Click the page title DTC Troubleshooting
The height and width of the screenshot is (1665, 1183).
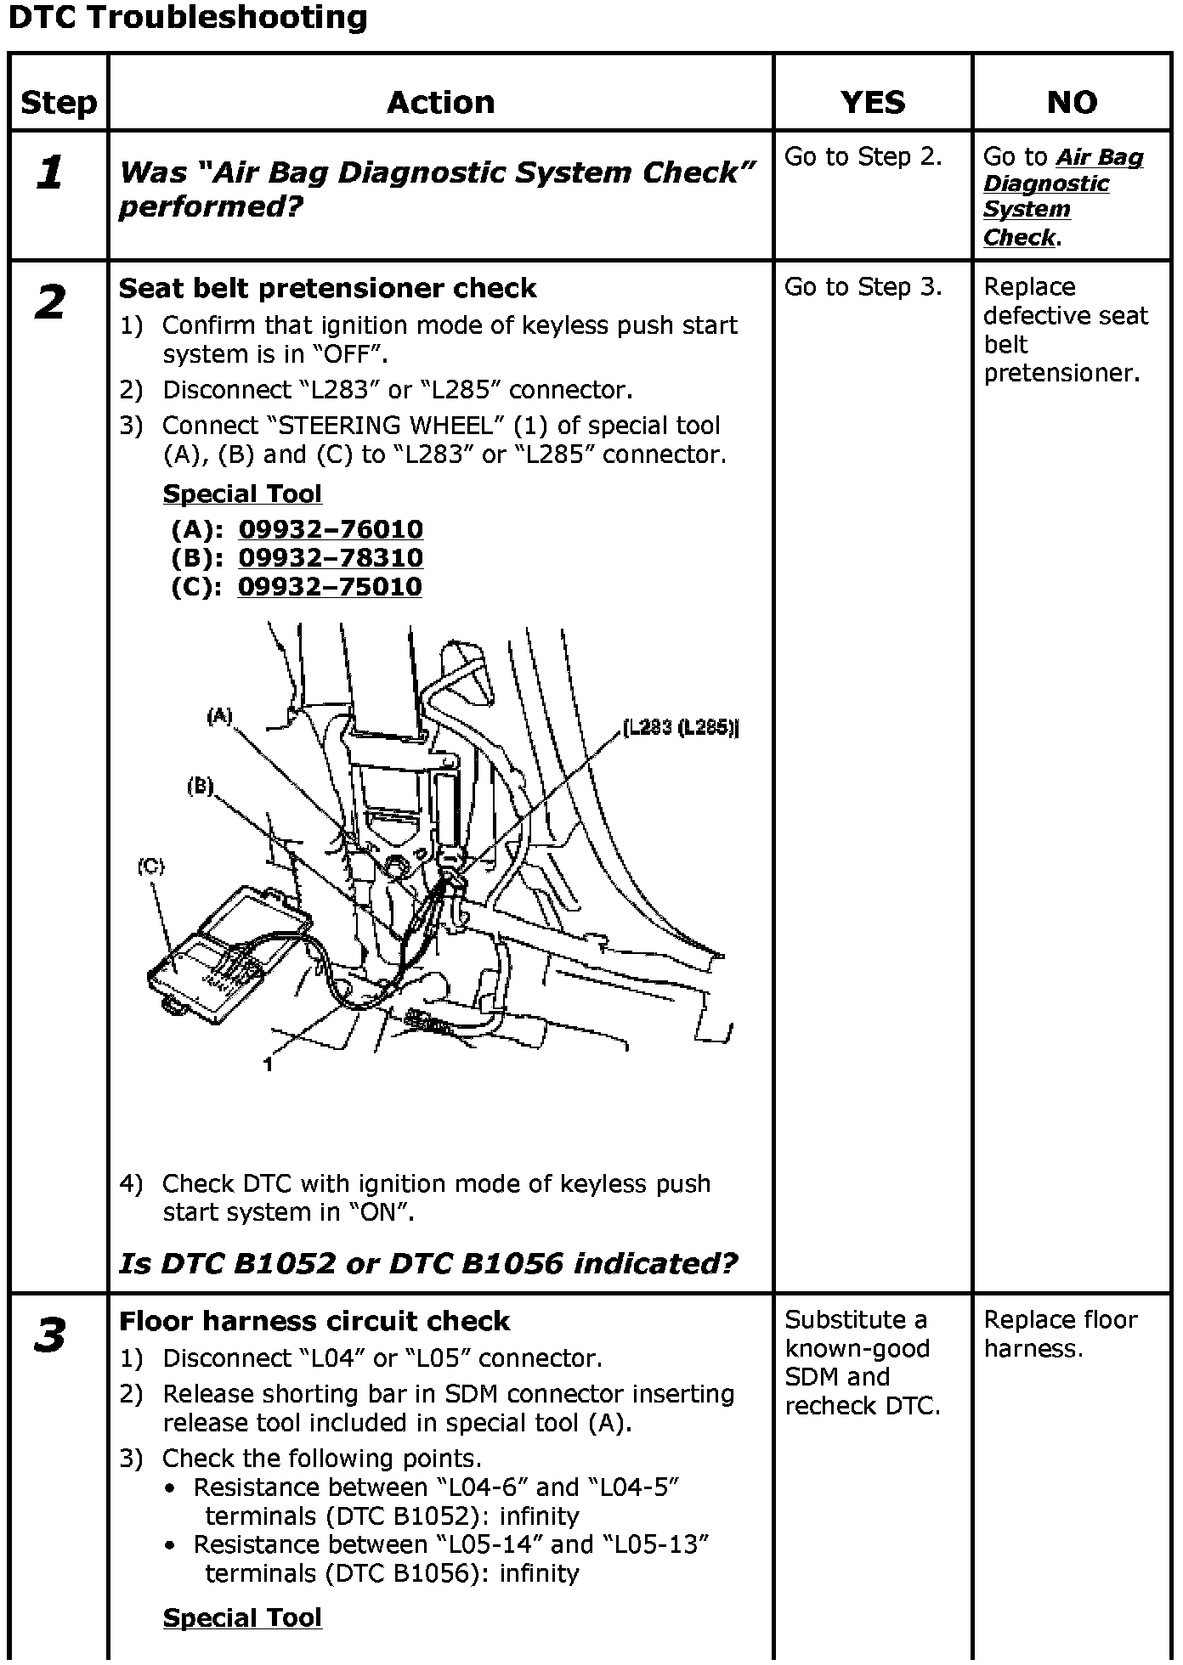(187, 19)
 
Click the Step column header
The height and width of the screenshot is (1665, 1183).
(59, 103)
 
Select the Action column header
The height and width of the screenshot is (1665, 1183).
(440, 103)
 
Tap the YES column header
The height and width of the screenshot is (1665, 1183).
(873, 103)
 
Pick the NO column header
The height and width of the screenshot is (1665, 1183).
(1072, 103)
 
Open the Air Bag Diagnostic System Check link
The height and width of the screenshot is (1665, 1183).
(1062, 196)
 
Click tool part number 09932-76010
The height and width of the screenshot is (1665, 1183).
(331, 529)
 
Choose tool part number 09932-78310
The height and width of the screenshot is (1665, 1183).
(331, 558)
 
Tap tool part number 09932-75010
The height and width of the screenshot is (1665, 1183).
(330, 587)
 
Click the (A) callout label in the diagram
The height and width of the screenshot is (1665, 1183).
(219, 716)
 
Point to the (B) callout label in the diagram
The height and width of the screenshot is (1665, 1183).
(201, 787)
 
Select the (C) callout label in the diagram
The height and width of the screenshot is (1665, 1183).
(150, 866)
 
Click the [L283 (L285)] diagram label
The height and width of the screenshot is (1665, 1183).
(681, 728)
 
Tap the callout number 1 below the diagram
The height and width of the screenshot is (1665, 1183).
(268, 1064)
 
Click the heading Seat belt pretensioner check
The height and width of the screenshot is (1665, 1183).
(327, 289)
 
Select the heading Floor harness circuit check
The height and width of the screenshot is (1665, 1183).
(314, 1322)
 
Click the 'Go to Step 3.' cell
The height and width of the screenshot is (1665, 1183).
(863, 288)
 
